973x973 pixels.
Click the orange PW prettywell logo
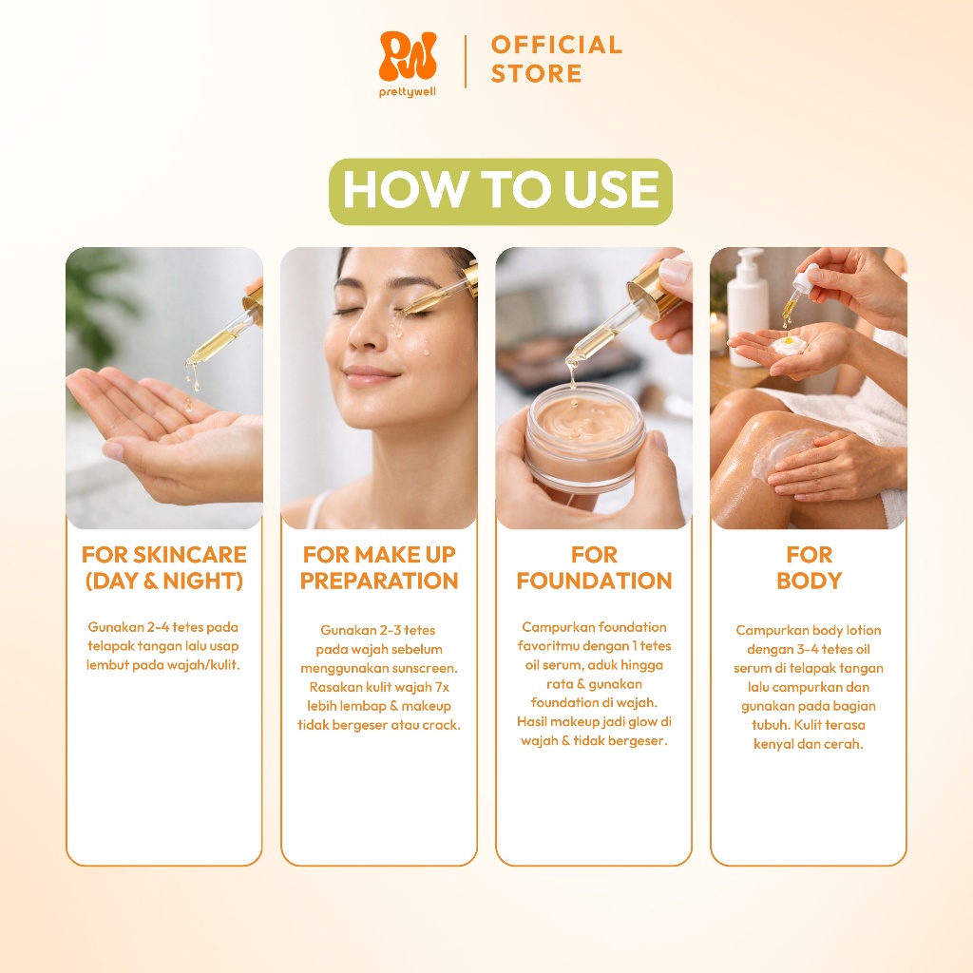[407, 65]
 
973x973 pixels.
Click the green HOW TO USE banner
[500, 191]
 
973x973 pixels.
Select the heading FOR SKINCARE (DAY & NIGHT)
[163, 568]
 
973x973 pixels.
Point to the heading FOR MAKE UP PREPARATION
[379, 568]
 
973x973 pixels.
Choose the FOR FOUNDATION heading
[594, 568]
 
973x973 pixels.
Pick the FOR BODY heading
[809, 568]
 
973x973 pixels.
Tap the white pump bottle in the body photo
[747, 307]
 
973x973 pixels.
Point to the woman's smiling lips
[372, 375]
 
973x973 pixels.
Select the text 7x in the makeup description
[442, 687]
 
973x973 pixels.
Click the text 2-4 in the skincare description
[158, 627]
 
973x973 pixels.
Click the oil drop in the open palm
[187, 406]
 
